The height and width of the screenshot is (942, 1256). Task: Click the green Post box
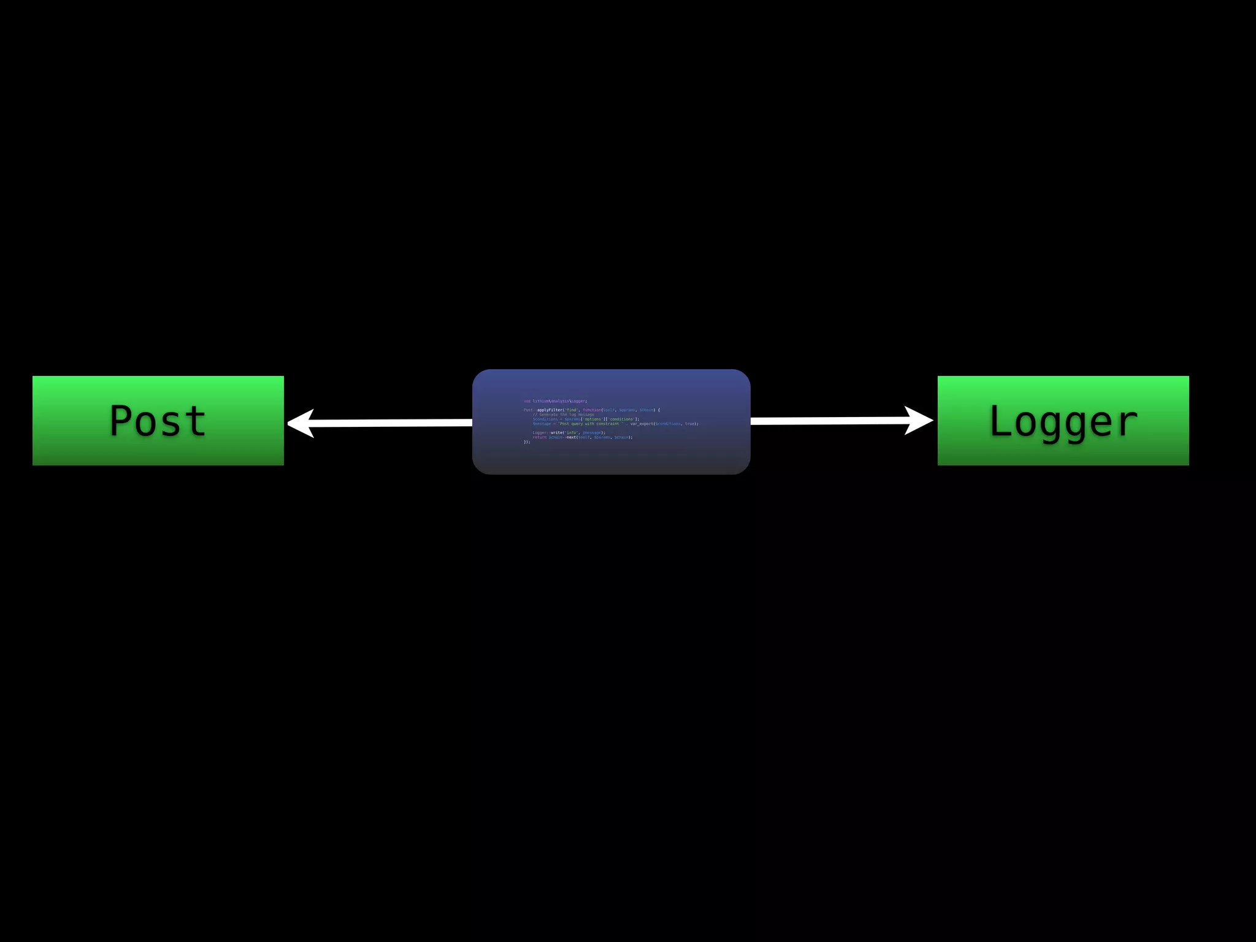158,421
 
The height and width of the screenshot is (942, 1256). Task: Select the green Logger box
1063,421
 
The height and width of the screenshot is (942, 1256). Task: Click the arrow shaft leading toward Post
392,423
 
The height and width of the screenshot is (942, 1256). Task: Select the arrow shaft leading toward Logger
828,421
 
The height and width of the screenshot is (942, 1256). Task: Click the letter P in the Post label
122,421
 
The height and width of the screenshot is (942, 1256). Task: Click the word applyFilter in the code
549,410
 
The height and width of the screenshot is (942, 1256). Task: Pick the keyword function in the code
592,410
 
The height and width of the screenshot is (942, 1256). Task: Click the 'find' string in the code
571,410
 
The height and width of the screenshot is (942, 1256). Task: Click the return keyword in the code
539,437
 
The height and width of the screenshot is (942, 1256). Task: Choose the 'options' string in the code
592,419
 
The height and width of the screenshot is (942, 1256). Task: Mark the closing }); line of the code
527,442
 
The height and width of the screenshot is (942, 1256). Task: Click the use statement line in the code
555,401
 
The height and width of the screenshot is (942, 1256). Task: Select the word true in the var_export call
690,424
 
